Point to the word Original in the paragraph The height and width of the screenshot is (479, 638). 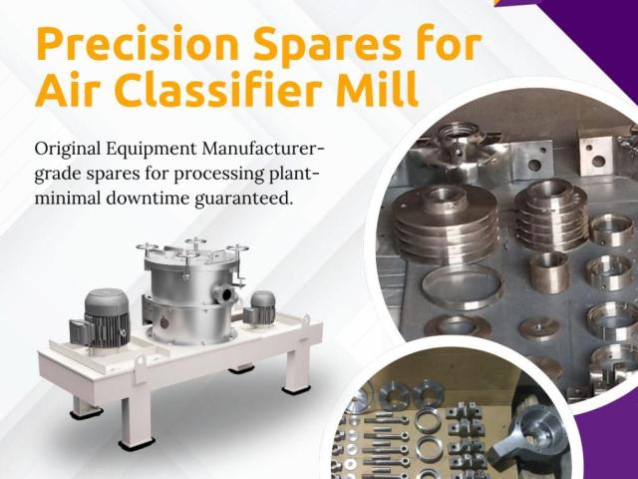click(x=68, y=150)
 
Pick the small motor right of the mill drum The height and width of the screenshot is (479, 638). click(x=259, y=309)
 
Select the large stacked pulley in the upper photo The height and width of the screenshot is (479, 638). click(x=445, y=224)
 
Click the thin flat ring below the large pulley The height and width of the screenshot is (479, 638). click(x=462, y=286)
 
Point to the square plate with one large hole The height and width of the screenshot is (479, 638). click(x=596, y=156)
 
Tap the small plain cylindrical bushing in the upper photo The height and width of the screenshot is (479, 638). click(x=549, y=271)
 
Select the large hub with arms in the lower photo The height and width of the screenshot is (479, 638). click(x=529, y=436)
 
